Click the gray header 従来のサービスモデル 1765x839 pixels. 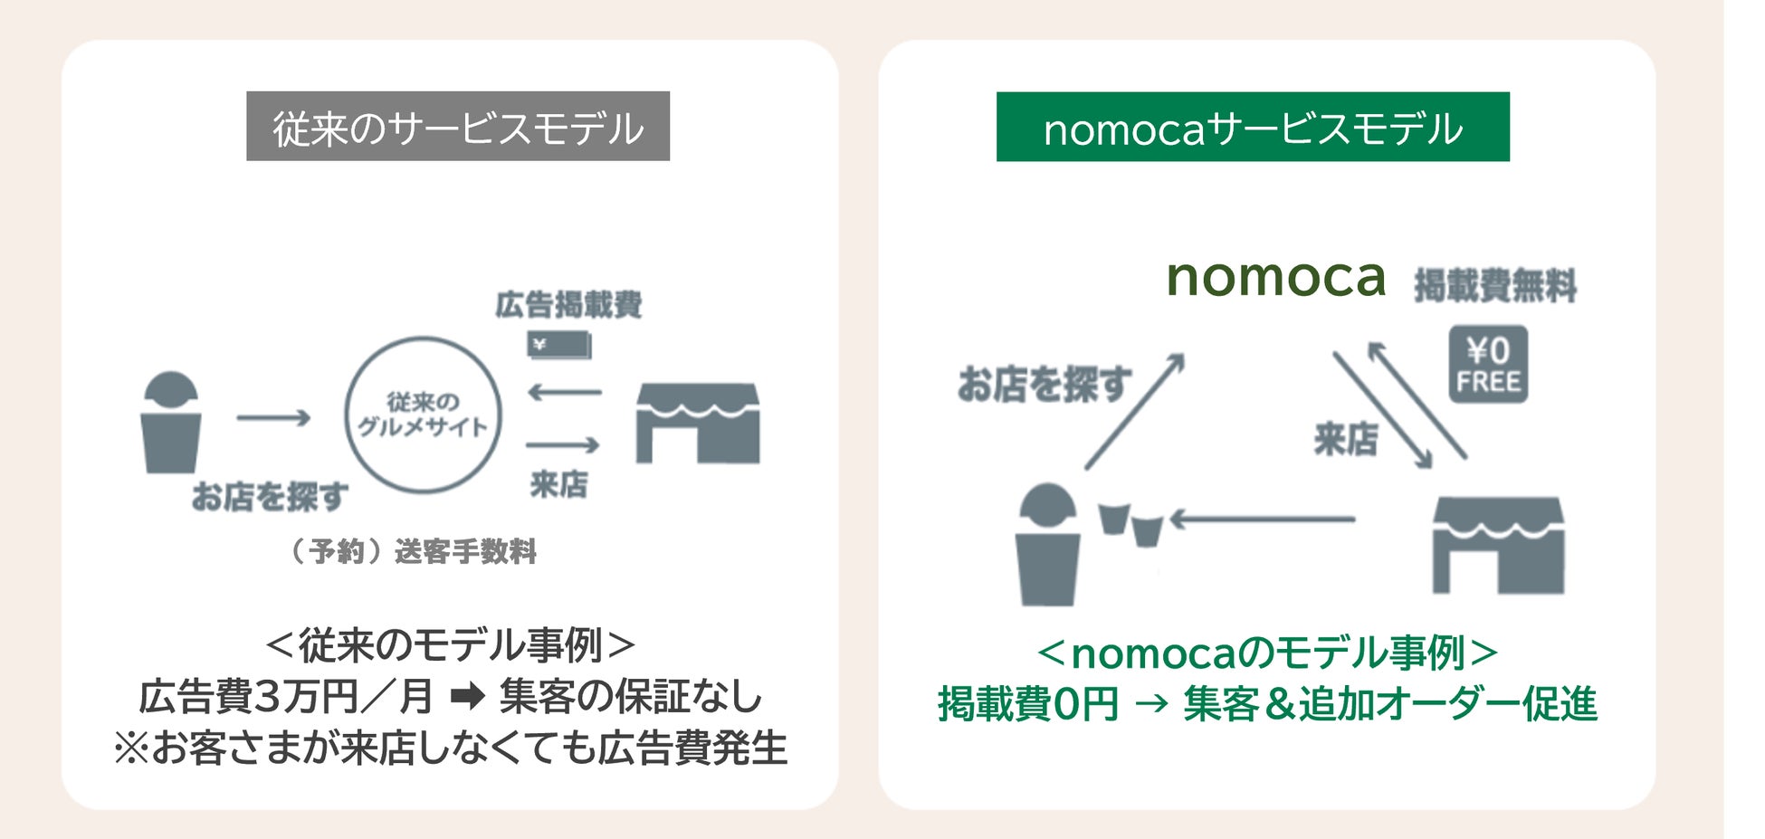coord(458,127)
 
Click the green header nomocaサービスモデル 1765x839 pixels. coord(1253,128)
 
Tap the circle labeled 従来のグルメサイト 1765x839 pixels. coord(423,415)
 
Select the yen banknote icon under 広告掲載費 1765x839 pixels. coord(558,345)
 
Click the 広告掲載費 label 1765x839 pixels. coord(568,305)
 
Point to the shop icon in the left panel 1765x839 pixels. coord(697,423)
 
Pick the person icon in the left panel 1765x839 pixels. coord(170,422)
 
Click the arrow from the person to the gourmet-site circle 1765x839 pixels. coord(273,417)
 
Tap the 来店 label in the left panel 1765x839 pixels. coord(558,484)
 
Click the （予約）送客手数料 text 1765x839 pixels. coord(414,550)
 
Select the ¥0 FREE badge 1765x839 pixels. coord(1487,364)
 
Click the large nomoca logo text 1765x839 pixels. coord(1275,277)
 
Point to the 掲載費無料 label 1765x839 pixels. coord(1495,285)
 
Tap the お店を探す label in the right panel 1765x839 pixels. coord(1045,384)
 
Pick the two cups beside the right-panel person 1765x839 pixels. coord(1131,524)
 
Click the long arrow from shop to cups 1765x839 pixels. coord(1263,520)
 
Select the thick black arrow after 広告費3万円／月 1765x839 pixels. coord(467,696)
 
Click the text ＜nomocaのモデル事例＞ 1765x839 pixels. coord(1267,653)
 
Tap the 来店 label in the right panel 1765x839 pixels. coord(1346,440)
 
